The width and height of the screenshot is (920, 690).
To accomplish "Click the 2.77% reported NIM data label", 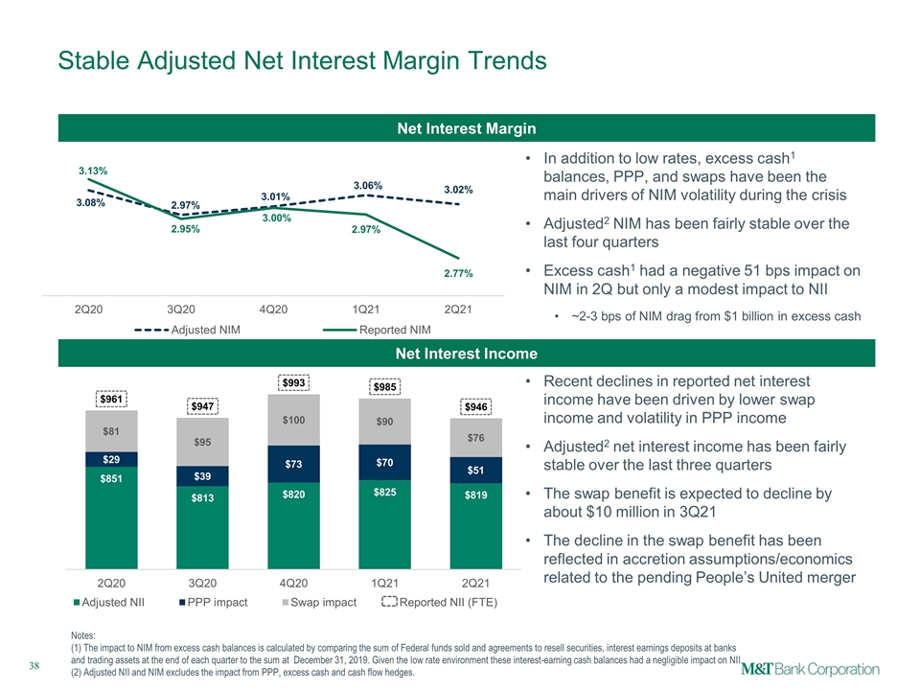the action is pyautogui.click(x=458, y=273).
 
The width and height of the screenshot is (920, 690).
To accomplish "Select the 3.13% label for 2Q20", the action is pyautogui.click(x=93, y=171).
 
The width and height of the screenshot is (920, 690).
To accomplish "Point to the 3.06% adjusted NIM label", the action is pyautogui.click(x=368, y=185).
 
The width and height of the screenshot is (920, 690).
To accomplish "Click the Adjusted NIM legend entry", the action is pyautogui.click(x=187, y=330).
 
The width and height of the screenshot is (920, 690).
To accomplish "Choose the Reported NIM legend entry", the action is pyautogui.click(x=377, y=330).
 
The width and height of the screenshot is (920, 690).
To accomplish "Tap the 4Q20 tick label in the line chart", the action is pyautogui.click(x=273, y=310).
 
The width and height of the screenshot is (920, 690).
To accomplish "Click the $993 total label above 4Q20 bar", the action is pyautogui.click(x=294, y=383).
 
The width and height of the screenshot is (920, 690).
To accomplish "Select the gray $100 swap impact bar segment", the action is pyautogui.click(x=294, y=420).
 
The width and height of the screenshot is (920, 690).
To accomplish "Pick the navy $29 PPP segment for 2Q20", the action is pyautogui.click(x=111, y=459).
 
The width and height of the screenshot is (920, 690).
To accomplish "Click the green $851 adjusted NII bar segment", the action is pyautogui.click(x=111, y=517).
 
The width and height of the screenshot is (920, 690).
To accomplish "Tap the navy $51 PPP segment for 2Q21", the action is pyautogui.click(x=476, y=470).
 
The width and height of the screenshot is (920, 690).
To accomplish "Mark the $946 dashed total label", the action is pyautogui.click(x=476, y=406).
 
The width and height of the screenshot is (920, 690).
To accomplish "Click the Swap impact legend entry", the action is pyautogui.click(x=319, y=602).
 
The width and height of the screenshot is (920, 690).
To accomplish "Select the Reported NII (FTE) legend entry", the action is pyautogui.click(x=440, y=602).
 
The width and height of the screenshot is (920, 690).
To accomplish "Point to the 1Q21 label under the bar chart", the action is pyautogui.click(x=384, y=584).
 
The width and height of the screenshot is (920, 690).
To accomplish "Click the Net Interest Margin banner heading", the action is pyautogui.click(x=467, y=128).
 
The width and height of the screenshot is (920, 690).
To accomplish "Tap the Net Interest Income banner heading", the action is pyautogui.click(x=467, y=354).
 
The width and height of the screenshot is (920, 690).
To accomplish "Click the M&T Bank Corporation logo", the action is pyautogui.click(x=811, y=670).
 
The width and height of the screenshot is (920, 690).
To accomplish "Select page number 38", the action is pyautogui.click(x=34, y=665).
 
